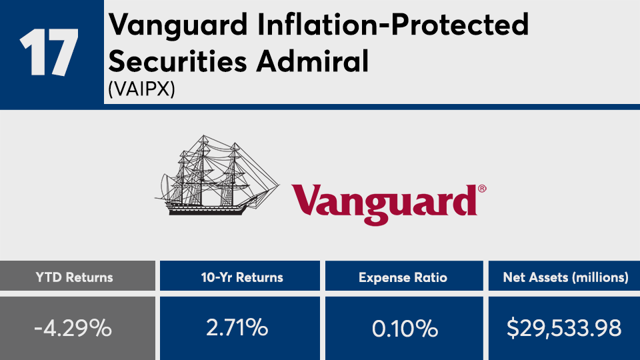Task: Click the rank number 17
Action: tap(49, 52)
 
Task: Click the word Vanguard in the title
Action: tap(178, 25)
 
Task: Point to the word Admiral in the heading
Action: tap(313, 61)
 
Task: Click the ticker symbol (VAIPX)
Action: tap(141, 89)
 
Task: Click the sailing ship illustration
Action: tap(217, 175)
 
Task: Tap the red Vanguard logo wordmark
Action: tap(385, 204)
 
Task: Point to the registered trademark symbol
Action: tap(482, 189)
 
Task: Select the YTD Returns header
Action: tap(74, 277)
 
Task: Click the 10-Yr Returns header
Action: tap(242, 277)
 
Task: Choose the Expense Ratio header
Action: tap(403, 277)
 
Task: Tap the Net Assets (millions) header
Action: tap(566, 277)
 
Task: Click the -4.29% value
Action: tap(73, 328)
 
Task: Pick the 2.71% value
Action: tap(237, 328)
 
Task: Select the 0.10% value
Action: tap(405, 329)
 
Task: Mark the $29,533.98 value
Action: tap(564, 328)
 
